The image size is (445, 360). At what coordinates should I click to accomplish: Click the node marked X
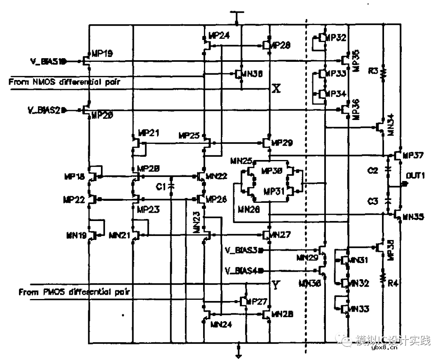[276, 89]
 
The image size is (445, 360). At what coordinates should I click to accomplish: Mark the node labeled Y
[276, 284]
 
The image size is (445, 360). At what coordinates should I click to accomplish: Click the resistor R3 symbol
[384, 72]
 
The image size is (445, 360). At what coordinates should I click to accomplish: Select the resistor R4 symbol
[384, 278]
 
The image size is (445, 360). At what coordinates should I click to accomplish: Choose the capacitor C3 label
[373, 201]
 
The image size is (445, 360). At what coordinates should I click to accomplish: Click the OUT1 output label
[415, 176]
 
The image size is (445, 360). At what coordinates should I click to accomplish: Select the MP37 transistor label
[413, 155]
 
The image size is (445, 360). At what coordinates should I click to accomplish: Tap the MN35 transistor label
[413, 216]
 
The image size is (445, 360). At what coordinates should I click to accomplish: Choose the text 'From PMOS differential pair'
[75, 292]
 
